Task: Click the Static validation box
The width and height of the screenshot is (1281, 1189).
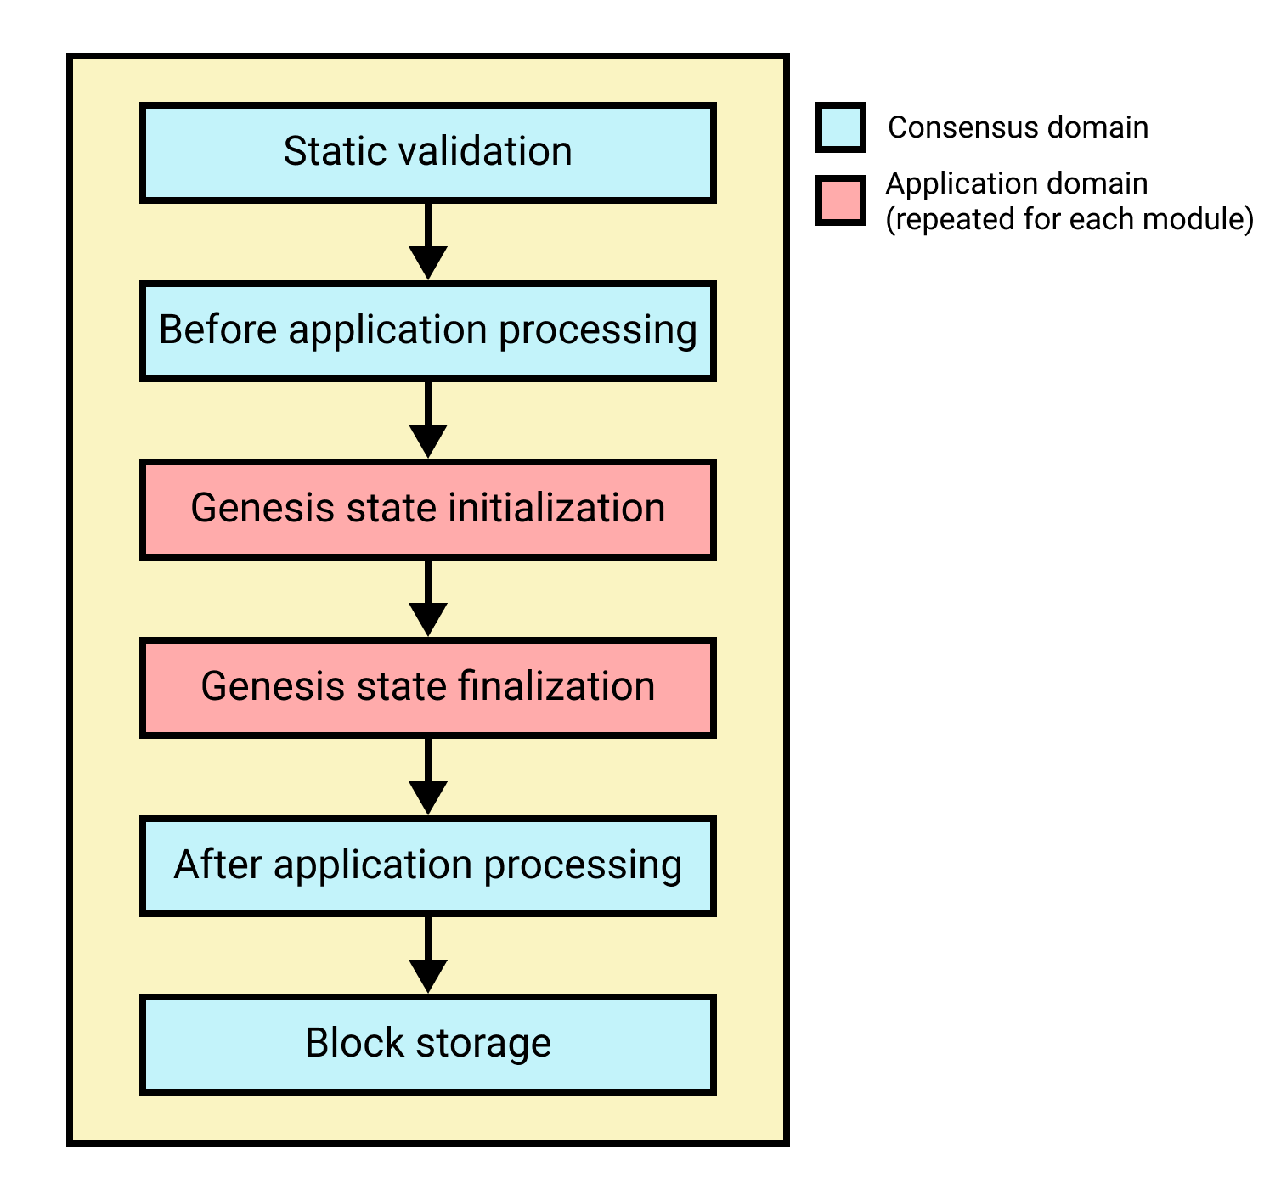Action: coord(427,153)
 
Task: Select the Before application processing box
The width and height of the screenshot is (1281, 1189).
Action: coord(427,331)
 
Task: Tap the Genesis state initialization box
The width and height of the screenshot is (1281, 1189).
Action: coord(427,510)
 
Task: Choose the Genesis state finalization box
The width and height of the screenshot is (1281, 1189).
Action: coord(427,688)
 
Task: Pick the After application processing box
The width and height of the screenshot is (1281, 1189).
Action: coord(427,866)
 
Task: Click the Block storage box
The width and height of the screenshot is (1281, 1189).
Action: coord(427,1045)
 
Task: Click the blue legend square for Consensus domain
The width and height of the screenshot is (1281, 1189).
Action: coord(840,127)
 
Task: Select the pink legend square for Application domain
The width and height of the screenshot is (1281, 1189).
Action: coord(840,200)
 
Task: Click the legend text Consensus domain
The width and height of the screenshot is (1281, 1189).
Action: coord(1018,127)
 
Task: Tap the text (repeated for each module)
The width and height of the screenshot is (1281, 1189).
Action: coord(1069,220)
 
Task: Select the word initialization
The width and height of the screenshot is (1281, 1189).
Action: coord(556,509)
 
